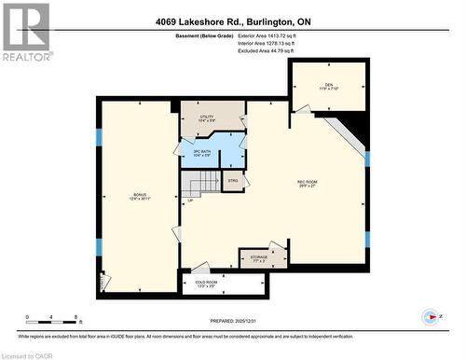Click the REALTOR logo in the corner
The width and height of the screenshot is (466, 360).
pos(26,31)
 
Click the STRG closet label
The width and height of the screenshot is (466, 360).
pos(233,179)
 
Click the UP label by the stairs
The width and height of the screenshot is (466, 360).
pos(191,200)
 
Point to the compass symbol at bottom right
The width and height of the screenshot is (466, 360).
pos(430,318)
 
